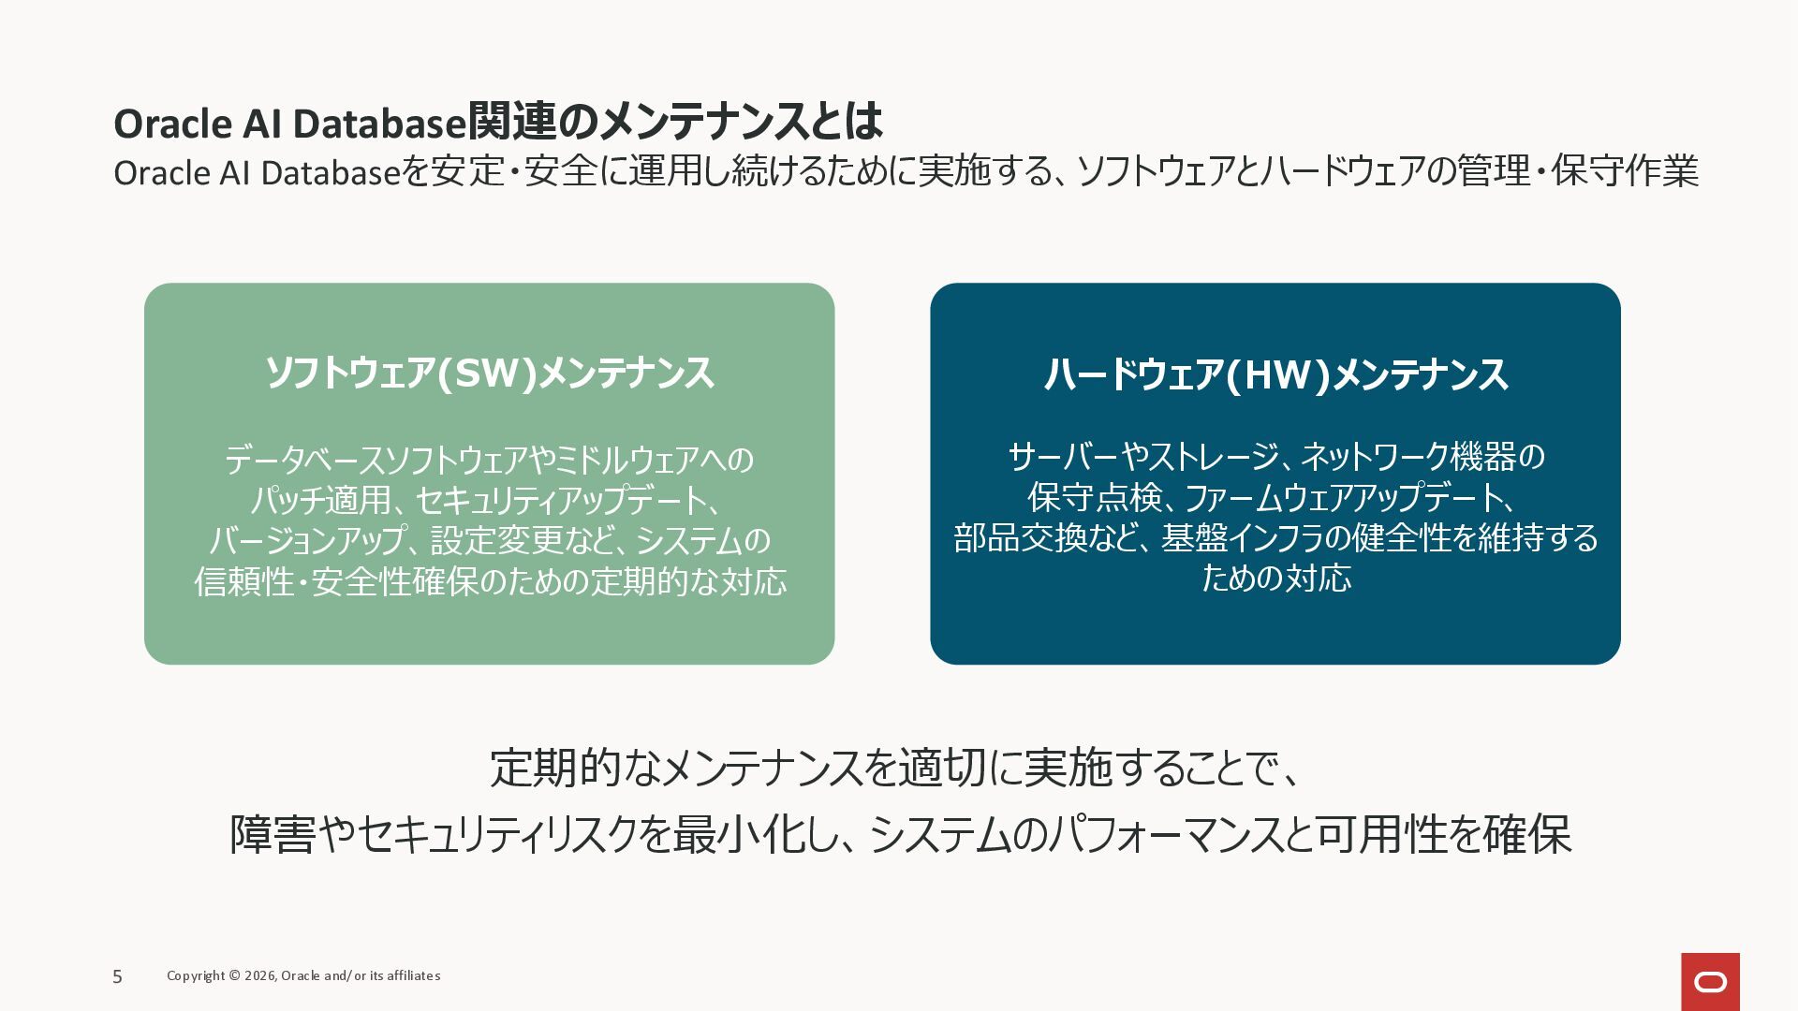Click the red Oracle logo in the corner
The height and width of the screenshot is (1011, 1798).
click(1710, 982)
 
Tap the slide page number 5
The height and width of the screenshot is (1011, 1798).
click(117, 976)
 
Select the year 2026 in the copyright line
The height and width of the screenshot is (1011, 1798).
click(259, 975)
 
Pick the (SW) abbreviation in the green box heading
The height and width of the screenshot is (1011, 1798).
click(486, 373)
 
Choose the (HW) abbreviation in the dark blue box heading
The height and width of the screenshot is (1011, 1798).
click(1277, 374)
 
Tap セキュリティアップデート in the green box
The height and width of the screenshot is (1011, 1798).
click(561, 500)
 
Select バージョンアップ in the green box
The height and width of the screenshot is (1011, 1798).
click(308, 540)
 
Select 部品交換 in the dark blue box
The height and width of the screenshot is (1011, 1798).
click(1020, 537)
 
